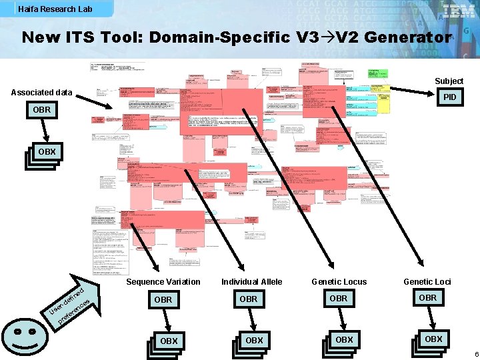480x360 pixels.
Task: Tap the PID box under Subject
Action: [x=450, y=97]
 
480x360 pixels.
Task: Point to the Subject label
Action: [x=449, y=81]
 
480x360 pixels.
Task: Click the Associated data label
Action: [x=41, y=92]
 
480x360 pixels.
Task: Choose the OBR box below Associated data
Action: [x=41, y=109]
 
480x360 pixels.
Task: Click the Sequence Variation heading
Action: [x=163, y=282]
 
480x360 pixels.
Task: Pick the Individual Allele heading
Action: [x=251, y=282]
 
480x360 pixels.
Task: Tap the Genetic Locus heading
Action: [x=339, y=282]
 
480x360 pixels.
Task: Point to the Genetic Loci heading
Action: [x=427, y=282]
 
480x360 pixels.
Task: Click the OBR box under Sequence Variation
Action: [x=163, y=300]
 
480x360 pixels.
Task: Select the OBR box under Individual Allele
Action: [x=248, y=299]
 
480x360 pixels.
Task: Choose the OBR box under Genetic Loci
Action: [x=427, y=298]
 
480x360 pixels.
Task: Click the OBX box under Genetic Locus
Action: [x=343, y=340]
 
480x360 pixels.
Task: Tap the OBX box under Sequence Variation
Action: [x=168, y=341]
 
